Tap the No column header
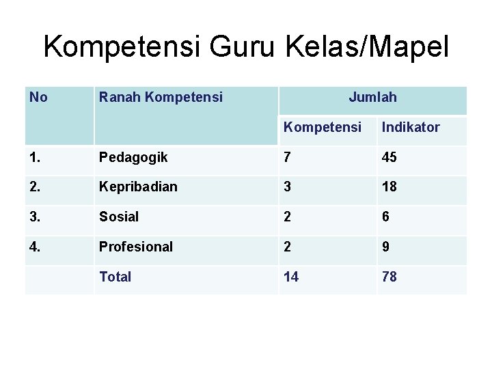[39, 98]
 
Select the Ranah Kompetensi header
[161, 98]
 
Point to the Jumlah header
[372, 98]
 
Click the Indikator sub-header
[411, 127]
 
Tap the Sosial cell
[118, 217]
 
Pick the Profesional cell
[136, 247]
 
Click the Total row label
[115, 277]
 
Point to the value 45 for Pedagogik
[389, 158]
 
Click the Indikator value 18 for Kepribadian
[389, 187]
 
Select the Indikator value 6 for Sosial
[386, 217]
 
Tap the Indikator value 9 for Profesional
[386, 247]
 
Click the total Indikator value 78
[389, 277]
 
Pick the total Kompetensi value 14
[292, 277]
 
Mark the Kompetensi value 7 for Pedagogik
[288, 158]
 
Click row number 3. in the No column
[36, 217]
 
